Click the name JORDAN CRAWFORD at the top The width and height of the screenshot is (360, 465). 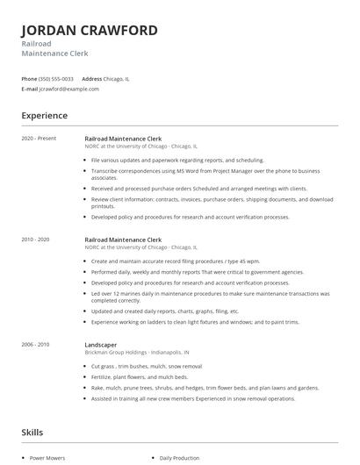pyautogui.click(x=90, y=30)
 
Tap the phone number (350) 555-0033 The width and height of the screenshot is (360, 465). pyautogui.click(x=57, y=78)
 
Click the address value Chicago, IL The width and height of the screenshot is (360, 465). pyautogui.click(x=118, y=78)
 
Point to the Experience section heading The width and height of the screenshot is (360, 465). pyautogui.click(x=45, y=115)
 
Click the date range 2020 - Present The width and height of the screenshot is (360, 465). pyautogui.click(x=39, y=139)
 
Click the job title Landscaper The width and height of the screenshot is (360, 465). pyautogui.click(x=102, y=345)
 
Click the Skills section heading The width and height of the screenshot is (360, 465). pyautogui.click(x=32, y=433)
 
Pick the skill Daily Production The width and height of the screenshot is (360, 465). pyautogui.click(x=180, y=457)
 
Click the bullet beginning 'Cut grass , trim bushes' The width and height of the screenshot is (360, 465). pyautogui.click(x=147, y=365)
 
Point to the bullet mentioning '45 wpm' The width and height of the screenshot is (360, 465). pyautogui.click(x=176, y=261)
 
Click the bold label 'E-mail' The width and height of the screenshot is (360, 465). pyautogui.click(x=30, y=89)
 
